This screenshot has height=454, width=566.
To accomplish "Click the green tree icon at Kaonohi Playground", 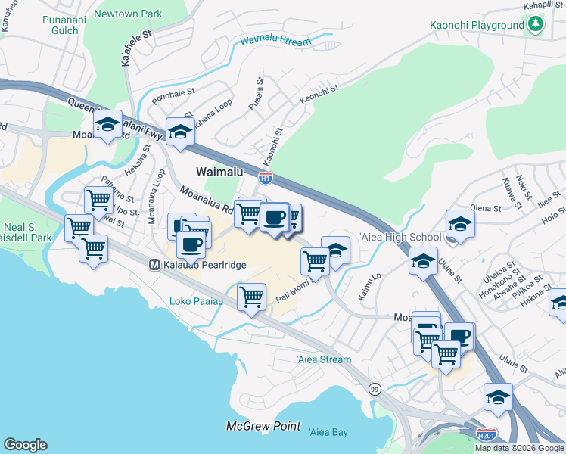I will pos(536,25).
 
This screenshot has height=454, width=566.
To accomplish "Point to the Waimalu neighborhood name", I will pos(219,172).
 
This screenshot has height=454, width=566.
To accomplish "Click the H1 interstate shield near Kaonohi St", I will pos(266,179).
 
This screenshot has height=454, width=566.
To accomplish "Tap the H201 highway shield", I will pos(488,435).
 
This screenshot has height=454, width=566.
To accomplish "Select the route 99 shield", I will pos(375,389).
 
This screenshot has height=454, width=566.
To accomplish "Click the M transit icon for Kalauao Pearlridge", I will pos(154,265).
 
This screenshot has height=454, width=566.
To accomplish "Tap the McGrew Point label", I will pos(263,427).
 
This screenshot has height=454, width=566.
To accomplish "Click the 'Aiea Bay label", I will pos(328,432).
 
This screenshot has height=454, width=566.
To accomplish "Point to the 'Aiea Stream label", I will pos(323,359).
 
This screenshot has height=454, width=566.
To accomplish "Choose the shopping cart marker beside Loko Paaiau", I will pos(251,296).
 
